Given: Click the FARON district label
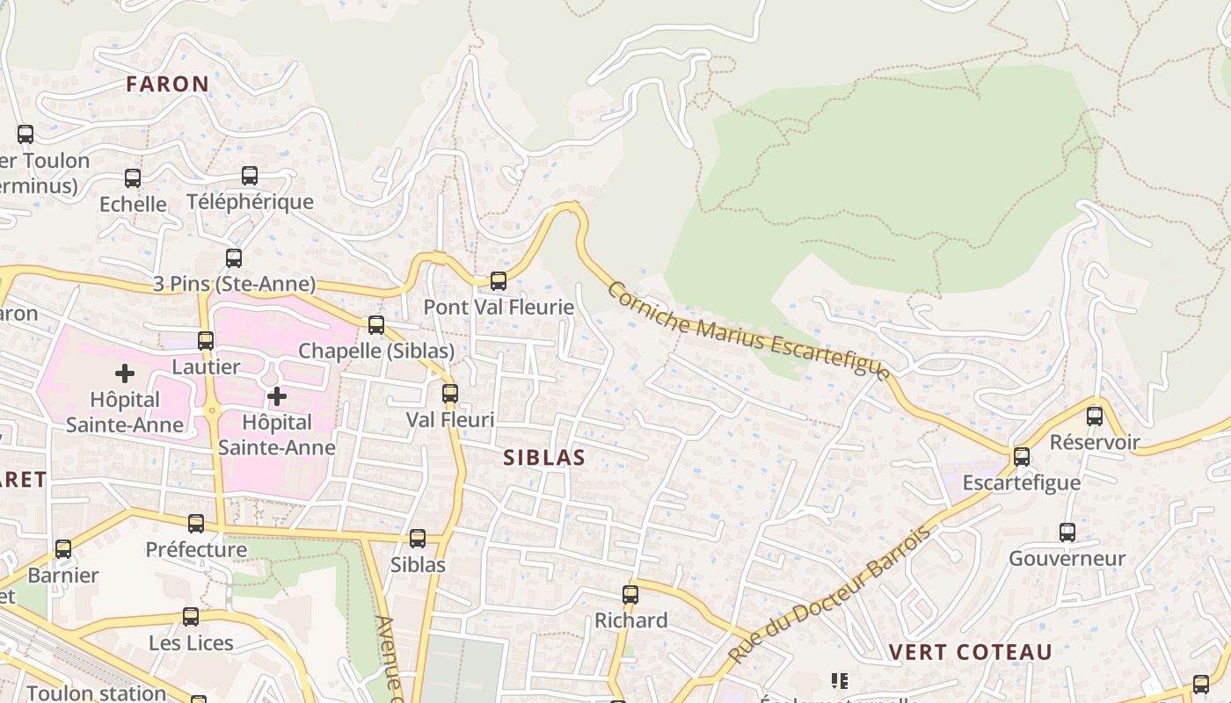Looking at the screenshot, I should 167,84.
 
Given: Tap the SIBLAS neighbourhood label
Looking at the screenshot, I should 544,458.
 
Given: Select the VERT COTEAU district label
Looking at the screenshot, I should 970,652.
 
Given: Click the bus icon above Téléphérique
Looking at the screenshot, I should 250,176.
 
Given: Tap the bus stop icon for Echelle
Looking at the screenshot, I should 133,178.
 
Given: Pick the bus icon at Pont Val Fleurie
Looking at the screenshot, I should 499,281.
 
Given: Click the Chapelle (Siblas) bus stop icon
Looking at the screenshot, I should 376,325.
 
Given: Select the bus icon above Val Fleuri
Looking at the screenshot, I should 450,394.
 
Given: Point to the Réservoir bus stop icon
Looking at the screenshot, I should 1095,417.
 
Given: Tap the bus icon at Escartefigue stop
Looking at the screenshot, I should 1021,457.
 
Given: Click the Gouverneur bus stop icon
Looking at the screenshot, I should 1067,533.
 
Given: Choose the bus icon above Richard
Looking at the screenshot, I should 630,595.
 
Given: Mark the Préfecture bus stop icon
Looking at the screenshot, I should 196,524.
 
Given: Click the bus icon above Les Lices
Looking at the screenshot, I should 191,617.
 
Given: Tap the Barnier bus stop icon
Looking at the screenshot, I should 63,549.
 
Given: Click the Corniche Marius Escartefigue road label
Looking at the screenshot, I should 748,331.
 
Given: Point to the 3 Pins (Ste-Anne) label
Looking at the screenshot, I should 234,284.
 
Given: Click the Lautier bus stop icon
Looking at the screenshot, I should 206,341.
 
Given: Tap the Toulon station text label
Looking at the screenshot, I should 96,692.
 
